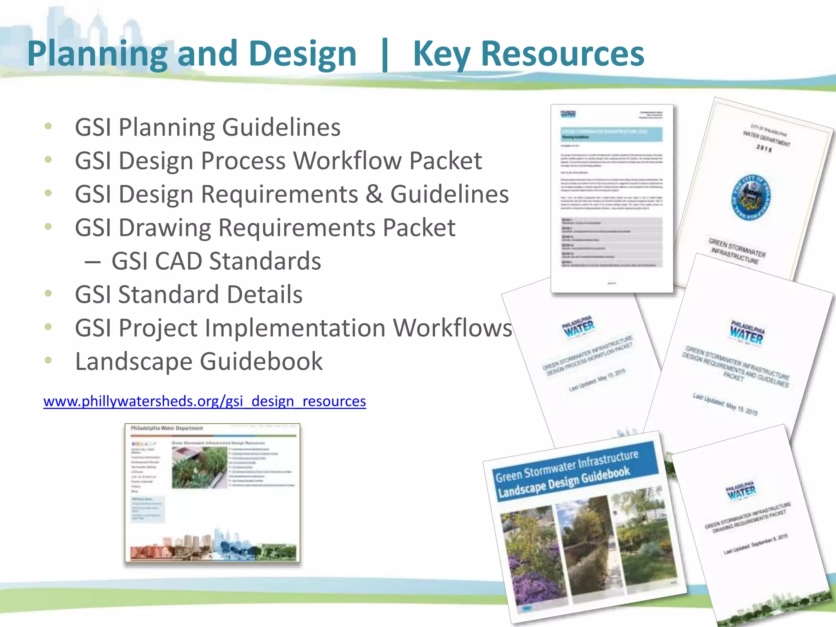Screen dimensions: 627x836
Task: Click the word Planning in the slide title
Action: (97, 54)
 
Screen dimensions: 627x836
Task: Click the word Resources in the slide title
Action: (563, 54)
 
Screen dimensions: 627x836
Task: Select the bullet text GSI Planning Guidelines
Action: (207, 127)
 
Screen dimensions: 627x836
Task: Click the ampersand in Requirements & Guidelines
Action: (374, 194)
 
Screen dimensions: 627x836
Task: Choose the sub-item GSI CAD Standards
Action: (216, 261)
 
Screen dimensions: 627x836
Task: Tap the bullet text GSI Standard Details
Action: (189, 295)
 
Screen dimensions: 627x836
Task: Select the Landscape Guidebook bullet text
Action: (199, 362)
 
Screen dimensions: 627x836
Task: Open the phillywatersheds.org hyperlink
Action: (205, 401)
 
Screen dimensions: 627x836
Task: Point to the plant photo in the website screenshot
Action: (199, 467)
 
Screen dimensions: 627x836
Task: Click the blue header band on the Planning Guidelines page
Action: (611, 134)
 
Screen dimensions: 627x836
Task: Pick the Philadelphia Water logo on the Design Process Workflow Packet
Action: (579, 327)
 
